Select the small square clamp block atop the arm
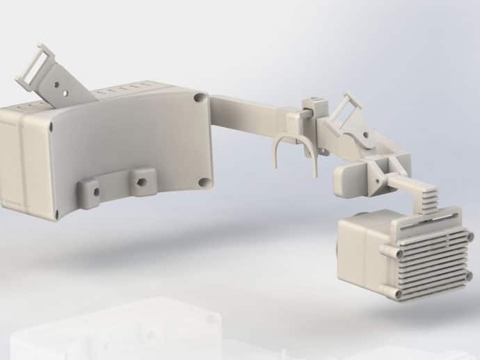click(x=314, y=107)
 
